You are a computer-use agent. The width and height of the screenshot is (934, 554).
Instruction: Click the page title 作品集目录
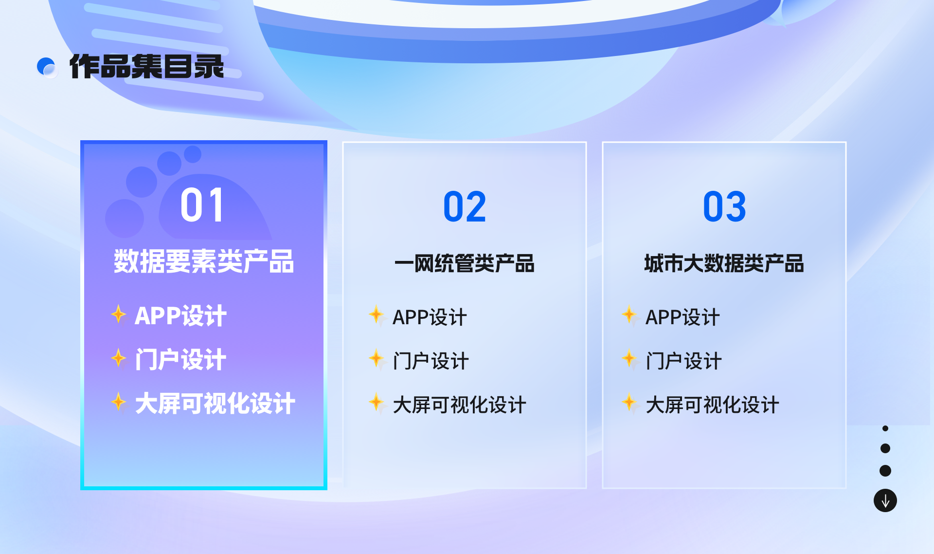(146, 67)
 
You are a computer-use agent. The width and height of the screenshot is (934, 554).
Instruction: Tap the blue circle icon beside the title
(47, 67)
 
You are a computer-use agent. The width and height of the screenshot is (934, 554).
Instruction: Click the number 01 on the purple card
(202, 205)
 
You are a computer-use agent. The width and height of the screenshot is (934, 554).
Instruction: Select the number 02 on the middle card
(465, 207)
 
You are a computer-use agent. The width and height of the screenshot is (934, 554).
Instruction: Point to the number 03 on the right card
(724, 207)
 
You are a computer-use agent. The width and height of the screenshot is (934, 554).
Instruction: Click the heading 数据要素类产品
(204, 261)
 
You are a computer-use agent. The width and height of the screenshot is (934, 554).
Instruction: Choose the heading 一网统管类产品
(465, 263)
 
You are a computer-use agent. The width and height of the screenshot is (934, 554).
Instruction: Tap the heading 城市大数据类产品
(724, 263)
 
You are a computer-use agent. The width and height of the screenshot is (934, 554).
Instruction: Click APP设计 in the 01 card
(180, 316)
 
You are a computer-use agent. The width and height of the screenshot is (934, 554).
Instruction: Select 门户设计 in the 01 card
(180, 360)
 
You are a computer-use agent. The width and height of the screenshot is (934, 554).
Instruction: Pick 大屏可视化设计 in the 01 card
(215, 404)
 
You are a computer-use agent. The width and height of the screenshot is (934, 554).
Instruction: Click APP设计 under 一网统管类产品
(430, 317)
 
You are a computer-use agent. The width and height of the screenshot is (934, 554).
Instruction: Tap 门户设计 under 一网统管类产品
(431, 361)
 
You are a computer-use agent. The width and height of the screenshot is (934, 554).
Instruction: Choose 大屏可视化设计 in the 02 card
(459, 405)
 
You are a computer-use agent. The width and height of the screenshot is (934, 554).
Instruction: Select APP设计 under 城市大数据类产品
(683, 317)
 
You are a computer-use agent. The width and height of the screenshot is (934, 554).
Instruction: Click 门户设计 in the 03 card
(683, 361)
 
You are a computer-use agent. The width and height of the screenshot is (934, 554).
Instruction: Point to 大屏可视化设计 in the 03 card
(712, 405)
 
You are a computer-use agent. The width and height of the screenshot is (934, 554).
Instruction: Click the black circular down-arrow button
(885, 500)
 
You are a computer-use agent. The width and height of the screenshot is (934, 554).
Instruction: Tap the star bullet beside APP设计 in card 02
(376, 314)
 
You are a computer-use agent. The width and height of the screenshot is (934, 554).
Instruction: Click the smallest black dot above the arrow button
(885, 428)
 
